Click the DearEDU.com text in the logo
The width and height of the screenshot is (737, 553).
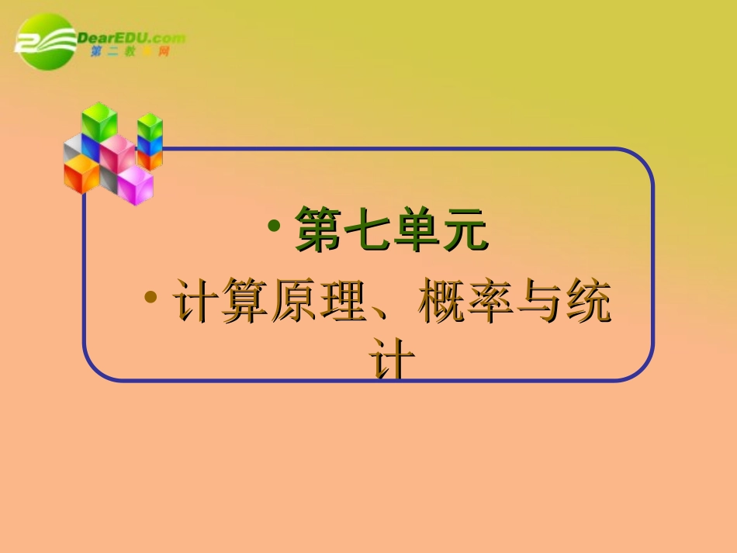(132, 36)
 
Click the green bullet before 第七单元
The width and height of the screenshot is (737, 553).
(274, 226)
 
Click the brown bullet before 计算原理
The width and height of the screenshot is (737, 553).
(152, 298)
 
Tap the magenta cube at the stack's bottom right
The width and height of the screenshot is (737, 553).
(135, 185)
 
